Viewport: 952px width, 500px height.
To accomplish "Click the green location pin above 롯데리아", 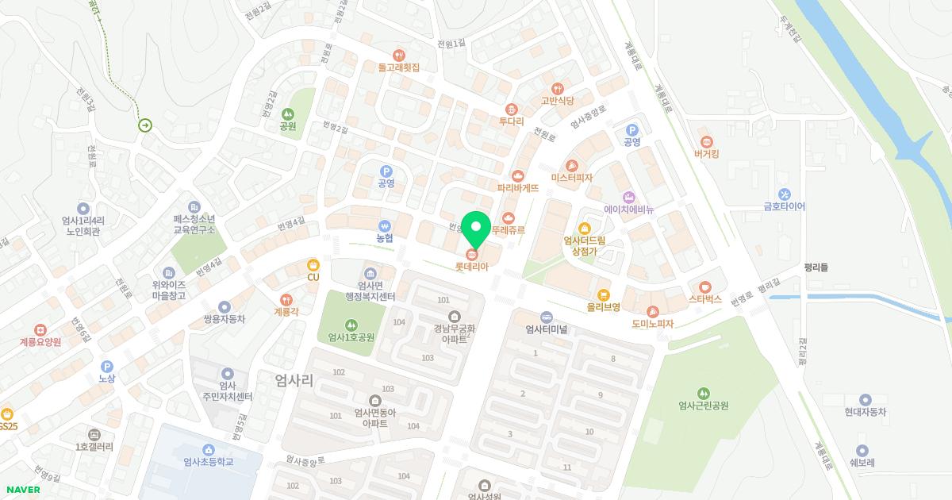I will coord(476,228).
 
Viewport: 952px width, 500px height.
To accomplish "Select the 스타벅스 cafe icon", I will coord(705,287).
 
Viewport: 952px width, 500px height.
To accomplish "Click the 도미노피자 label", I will coord(652,324).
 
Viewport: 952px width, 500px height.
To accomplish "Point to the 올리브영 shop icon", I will coord(604,294).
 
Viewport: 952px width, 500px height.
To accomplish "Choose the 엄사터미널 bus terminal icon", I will coord(546,317).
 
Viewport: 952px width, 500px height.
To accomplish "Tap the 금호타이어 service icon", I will coord(784,194).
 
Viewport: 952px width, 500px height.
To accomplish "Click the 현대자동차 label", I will coord(865,413).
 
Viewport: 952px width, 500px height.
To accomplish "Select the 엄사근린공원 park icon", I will coord(703,394).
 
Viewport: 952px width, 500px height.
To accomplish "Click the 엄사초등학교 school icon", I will coord(208,450).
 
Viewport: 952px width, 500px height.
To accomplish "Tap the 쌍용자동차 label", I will coord(225,319).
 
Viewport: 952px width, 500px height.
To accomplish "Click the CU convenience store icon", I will coord(313,264).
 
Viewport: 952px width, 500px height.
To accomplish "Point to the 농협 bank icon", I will coord(385,225).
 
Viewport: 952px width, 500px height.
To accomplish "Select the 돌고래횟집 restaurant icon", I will coord(398,56).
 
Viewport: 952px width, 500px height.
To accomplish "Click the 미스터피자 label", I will coord(571,178).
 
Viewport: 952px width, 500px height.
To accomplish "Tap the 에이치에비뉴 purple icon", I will coord(628,197).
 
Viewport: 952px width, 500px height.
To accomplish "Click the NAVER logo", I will coord(22,490).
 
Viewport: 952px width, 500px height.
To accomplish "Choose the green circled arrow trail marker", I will coord(145,125).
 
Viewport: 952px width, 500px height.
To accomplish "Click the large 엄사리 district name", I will coord(294,380).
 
